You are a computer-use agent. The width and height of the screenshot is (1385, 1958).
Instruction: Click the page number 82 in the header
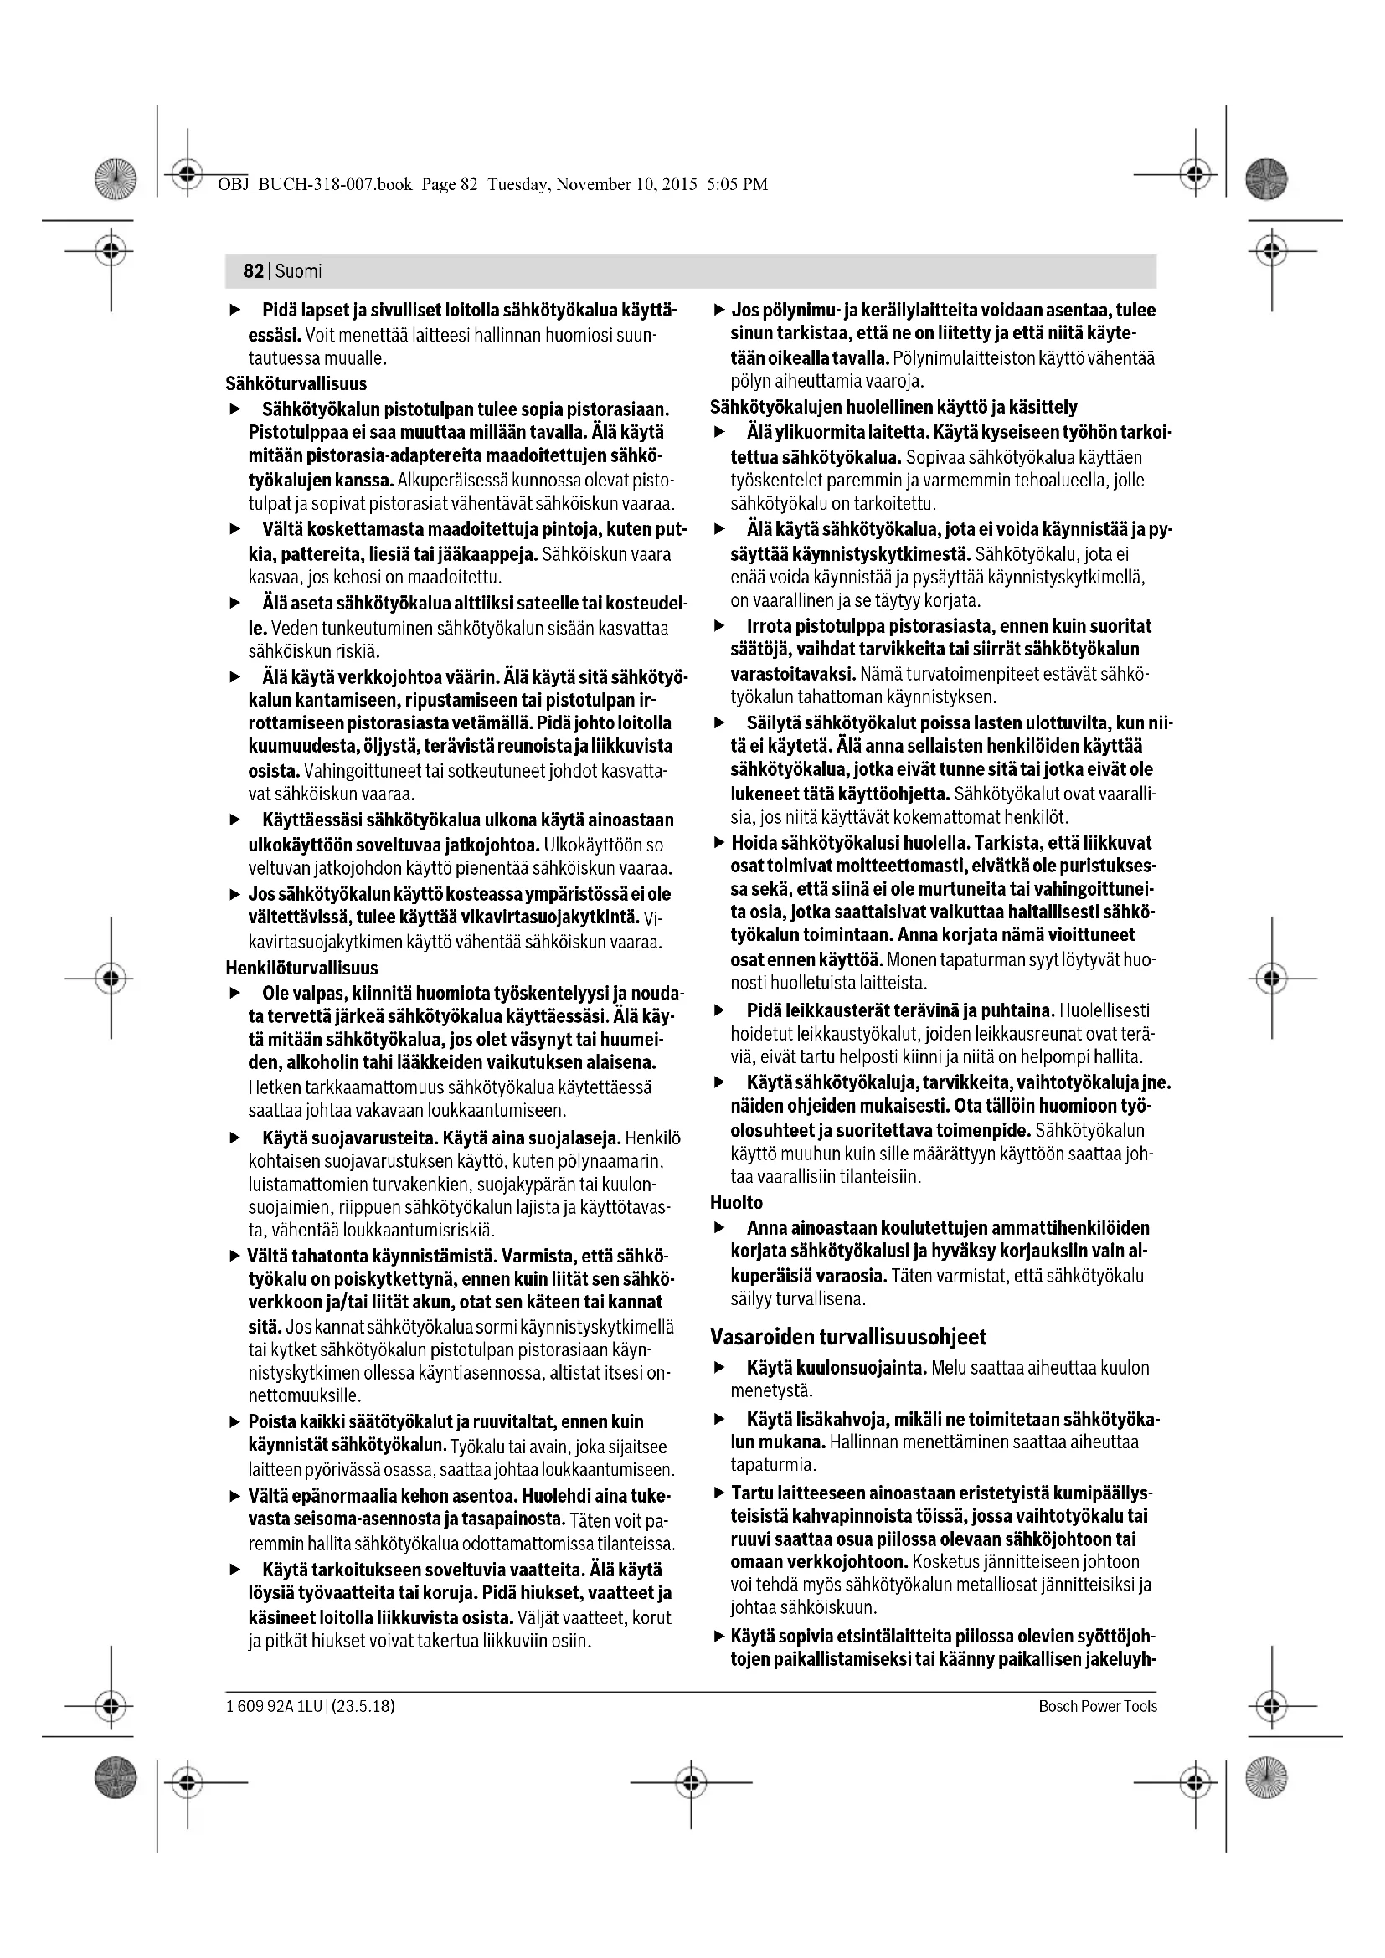tap(253, 271)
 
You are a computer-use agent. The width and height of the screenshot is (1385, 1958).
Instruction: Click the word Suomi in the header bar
tap(298, 271)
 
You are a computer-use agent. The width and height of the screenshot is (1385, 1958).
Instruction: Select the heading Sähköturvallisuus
tap(296, 383)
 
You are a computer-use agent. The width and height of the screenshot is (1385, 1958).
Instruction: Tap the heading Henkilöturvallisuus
tap(302, 968)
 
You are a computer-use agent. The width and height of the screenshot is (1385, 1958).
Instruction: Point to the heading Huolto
tap(736, 1202)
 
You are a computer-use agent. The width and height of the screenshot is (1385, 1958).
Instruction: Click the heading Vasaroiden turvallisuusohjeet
tap(847, 1336)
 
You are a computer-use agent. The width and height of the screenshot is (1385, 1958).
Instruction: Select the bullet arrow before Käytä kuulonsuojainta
tap(720, 1368)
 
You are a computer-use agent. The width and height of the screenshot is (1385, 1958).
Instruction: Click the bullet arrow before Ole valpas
tap(235, 994)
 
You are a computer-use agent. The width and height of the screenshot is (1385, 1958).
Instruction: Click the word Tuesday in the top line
tap(517, 184)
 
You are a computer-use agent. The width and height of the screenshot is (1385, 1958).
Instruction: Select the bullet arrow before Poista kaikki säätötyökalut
tap(235, 1422)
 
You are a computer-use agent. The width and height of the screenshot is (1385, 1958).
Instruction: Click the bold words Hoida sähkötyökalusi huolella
tap(849, 844)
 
